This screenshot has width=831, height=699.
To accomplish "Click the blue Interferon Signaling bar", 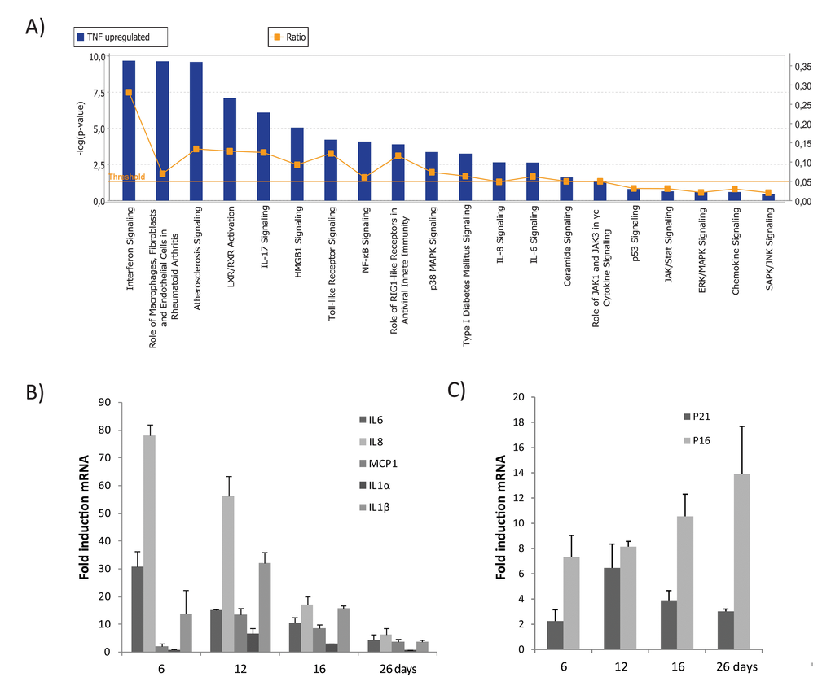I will tap(129, 130).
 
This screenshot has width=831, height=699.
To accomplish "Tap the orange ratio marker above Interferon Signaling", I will tap(129, 92).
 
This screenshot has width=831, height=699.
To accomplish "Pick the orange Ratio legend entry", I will tap(288, 37).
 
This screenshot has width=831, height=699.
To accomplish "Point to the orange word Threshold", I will tap(126, 177).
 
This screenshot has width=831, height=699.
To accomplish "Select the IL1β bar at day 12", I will tap(265, 607).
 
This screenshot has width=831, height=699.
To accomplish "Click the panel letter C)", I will tap(458, 389).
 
